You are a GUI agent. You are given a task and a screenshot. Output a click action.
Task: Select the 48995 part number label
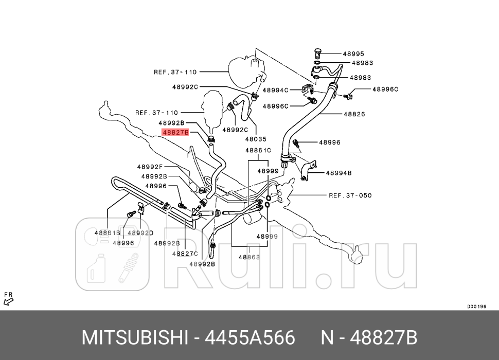point(353,53)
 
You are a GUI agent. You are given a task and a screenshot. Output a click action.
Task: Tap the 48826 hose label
point(354,114)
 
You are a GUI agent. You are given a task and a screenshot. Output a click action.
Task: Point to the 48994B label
point(338,173)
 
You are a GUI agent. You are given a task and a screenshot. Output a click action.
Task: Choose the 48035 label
point(256,139)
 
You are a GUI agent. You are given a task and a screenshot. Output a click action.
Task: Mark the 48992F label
point(150,167)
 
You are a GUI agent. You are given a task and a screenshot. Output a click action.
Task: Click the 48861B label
point(107,232)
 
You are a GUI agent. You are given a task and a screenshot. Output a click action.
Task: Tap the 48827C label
point(185,254)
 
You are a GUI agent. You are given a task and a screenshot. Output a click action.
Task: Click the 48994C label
point(275,90)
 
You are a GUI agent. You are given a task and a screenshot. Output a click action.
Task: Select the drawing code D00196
point(476,307)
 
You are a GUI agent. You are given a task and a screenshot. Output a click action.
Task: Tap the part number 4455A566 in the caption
point(251,338)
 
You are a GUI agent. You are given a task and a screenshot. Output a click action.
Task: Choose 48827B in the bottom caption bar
point(384,338)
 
